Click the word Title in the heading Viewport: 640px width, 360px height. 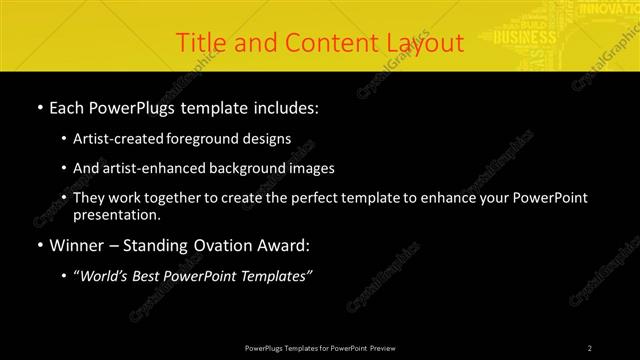(199, 43)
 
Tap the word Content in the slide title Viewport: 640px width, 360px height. (321, 43)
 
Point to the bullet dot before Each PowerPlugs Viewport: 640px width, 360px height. (39, 107)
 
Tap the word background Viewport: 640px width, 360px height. (243, 168)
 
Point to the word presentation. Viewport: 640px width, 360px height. (116, 215)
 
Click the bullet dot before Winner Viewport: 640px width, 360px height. (39, 245)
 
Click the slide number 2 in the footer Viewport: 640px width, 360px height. (589, 347)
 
